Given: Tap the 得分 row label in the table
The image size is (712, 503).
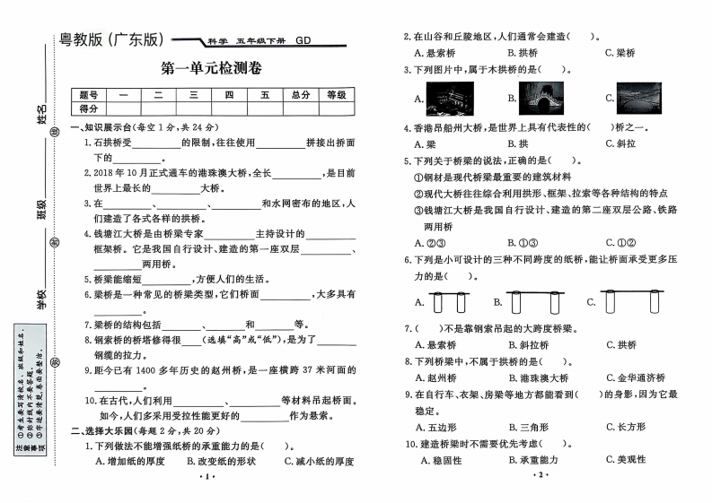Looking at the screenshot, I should (89, 108).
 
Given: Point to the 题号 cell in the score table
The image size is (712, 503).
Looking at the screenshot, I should (89, 94).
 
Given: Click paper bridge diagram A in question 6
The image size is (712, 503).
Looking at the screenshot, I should (452, 301).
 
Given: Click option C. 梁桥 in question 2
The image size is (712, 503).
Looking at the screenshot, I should (620, 52).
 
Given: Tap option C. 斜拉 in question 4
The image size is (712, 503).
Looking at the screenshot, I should (620, 143).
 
